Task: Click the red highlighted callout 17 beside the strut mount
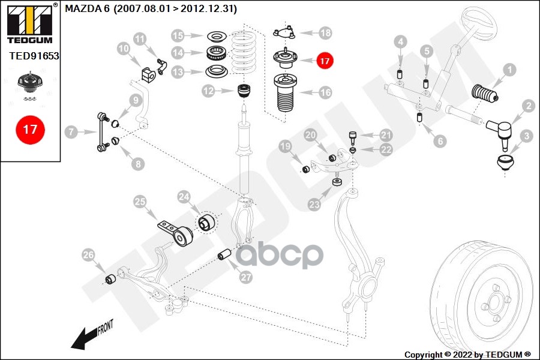click(x=325, y=61)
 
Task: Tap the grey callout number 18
click(x=325, y=33)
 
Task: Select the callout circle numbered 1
click(x=509, y=70)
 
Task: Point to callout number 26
click(x=89, y=255)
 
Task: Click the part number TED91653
click(x=34, y=56)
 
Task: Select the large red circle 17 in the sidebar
click(x=31, y=130)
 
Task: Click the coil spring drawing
click(x=244, y=52)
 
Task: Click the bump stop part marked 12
click(x=245, y=91)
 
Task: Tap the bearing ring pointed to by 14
click(x=216, y=53)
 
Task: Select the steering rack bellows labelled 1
click(x=485, y=93)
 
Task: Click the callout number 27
click(x=246, y=277)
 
